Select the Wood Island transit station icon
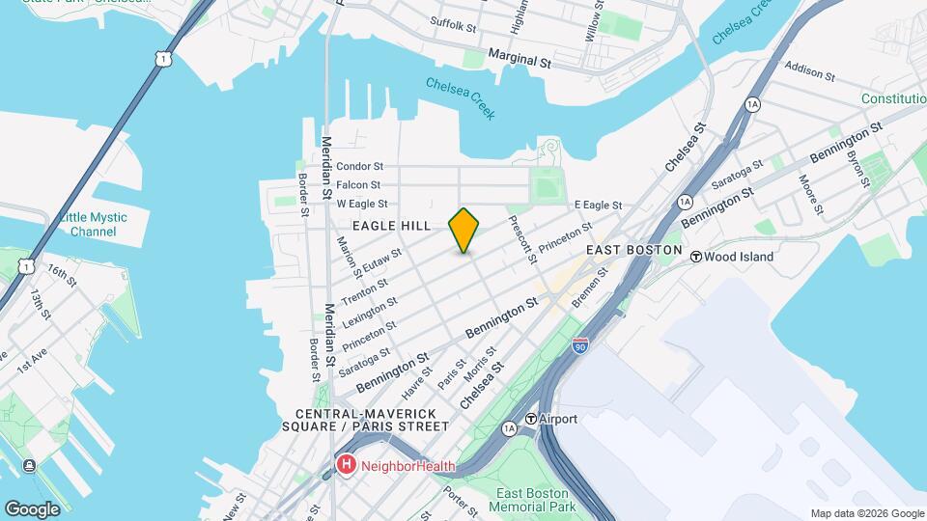point(695,257)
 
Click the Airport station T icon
point(531,420)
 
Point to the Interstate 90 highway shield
point(579,346)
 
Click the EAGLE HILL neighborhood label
point(391,225)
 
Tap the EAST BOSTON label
point(628,249)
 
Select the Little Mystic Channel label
point(94,225)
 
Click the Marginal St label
point(519,60)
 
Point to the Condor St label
point(360,166)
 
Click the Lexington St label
point(370,311)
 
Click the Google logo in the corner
point(32,508)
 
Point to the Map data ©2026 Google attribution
point(867,513)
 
